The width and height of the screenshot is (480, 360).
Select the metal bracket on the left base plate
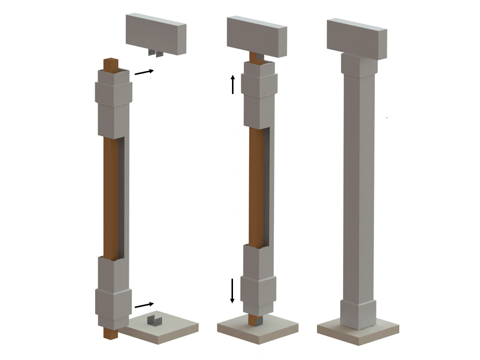(x=156, y=320)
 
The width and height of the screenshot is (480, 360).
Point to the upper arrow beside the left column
(x=144, y=72)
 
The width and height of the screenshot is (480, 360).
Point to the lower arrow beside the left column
(x=144, y=304)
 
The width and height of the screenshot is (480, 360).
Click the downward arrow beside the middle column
(x=232, y=290)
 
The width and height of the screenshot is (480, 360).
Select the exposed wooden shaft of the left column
(x=111, y=195)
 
